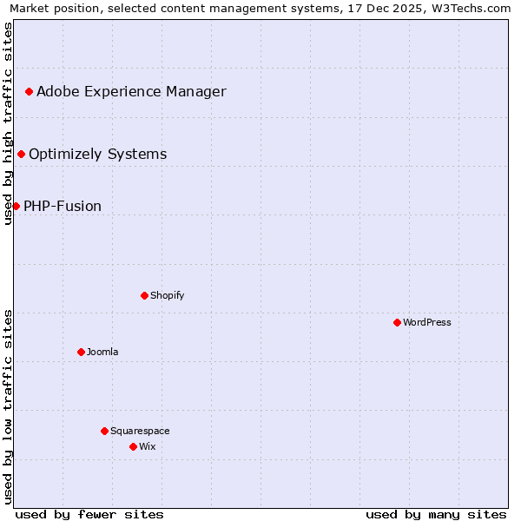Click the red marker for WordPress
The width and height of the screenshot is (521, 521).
[397, 322]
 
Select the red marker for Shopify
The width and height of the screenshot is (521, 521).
[144, 295]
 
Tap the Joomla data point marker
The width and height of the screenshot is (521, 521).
[81, 352]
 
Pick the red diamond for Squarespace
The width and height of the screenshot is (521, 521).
[104, 431]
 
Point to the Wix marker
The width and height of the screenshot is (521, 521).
[133, 446]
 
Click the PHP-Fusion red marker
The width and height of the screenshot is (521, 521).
[16, 206]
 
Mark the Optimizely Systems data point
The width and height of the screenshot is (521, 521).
[21, 154]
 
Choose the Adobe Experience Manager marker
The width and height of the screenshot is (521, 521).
[29, 91]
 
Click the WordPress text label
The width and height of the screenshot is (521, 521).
[427, 322]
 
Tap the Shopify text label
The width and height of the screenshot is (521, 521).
[168, 295]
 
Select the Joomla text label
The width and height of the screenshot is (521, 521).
[102, 352]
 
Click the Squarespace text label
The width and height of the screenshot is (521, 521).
[140, 431]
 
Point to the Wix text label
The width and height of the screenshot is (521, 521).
[147, 446]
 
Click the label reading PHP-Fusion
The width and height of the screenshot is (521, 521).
[63, 206]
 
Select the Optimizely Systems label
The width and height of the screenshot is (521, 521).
[97, 154]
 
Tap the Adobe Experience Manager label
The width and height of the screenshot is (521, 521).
[131, 91]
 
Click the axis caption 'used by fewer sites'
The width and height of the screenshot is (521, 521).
[89, 514]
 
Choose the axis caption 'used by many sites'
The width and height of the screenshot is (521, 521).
[436, 514]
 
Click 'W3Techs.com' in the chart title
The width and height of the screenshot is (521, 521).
[472, 9]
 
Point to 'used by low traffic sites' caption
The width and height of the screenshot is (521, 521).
[9, 406]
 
